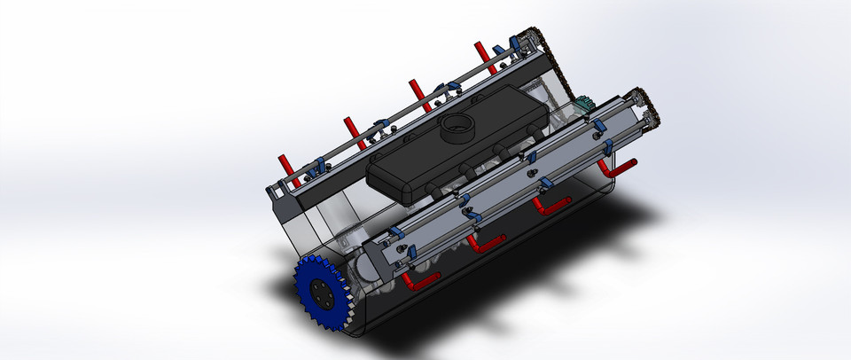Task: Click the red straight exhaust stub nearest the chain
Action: (x=481, y=54)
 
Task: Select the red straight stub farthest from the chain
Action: (x=285, y=165)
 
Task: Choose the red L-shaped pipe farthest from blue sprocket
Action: (x=617, y=167)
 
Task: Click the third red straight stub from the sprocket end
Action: (x=414, y=92)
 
